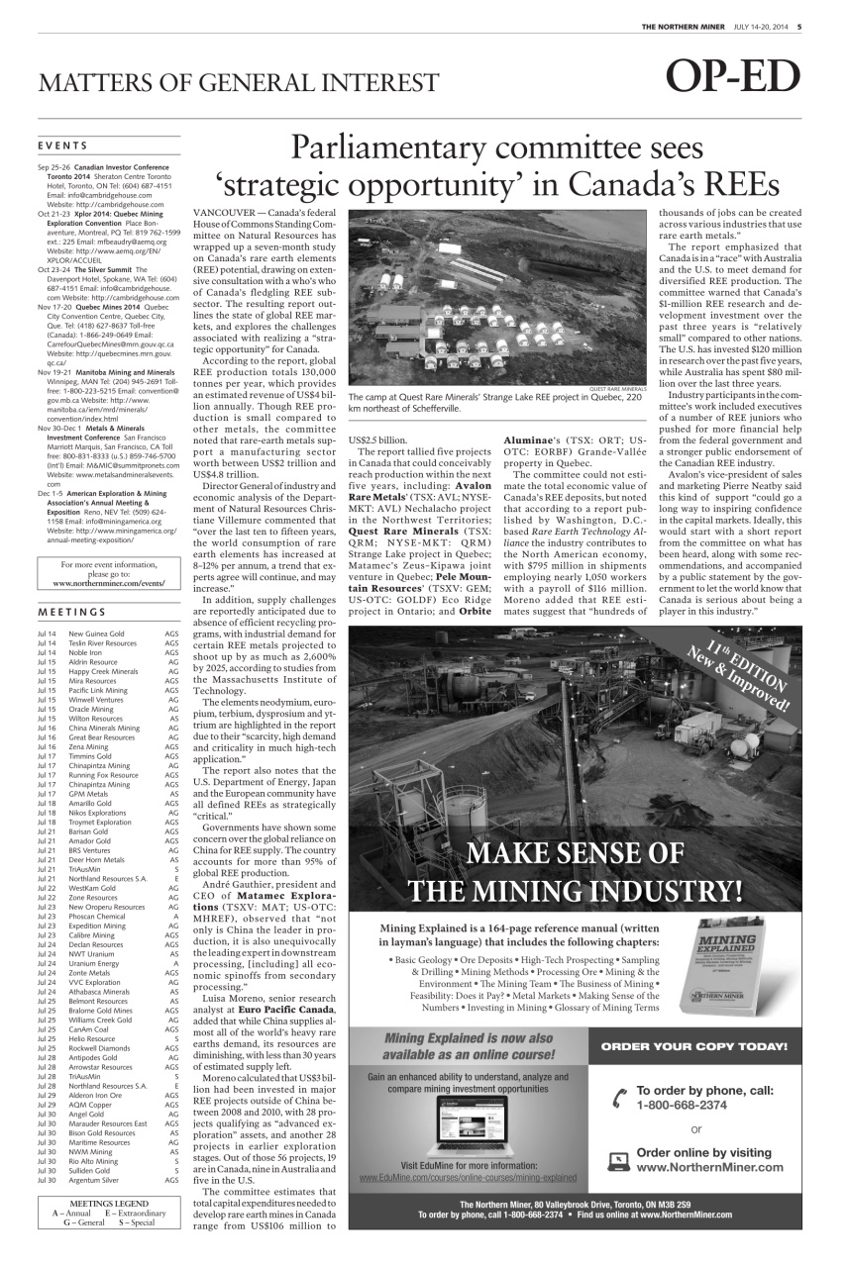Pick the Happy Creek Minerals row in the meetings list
tap(103, 671)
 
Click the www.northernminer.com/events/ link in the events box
tap(109, 584)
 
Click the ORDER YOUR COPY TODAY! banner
tap(694, 1046)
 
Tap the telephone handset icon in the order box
tap(620, 1096)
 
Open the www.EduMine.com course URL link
tap(468, 1178)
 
